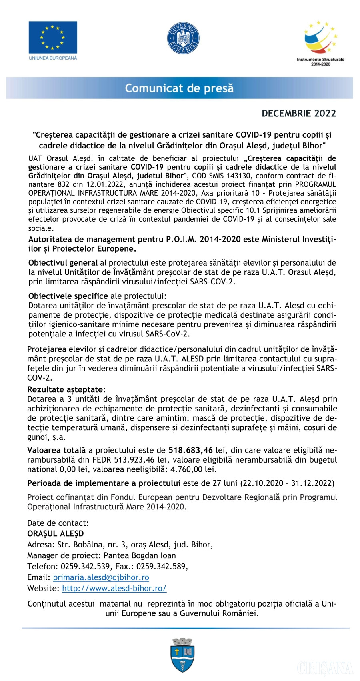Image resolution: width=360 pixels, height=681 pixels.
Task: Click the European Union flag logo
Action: [x=52, y=38]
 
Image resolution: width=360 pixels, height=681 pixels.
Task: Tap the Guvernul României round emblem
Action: [x=183, y=38]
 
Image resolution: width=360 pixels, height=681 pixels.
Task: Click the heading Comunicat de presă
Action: [x=179, y=88]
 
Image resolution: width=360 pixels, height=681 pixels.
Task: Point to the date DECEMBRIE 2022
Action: [x=299, y=114]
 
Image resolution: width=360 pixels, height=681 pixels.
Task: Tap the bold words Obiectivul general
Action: [x=63, y=263]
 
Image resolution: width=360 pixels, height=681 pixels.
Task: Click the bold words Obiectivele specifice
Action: [x=68, y=296]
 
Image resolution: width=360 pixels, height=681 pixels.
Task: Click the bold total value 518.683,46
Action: [x=190, y=450]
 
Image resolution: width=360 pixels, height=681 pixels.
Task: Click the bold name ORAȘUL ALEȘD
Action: [x=56, y=534]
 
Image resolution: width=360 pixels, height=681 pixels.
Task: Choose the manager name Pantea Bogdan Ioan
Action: [x=140, y=555]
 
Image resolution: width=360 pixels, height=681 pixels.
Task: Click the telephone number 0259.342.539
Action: [x=85, y=566]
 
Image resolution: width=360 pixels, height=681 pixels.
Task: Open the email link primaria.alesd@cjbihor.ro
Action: [x=101, y=577]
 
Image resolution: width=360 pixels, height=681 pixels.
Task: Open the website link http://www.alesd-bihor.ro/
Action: [x=114, y=588]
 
